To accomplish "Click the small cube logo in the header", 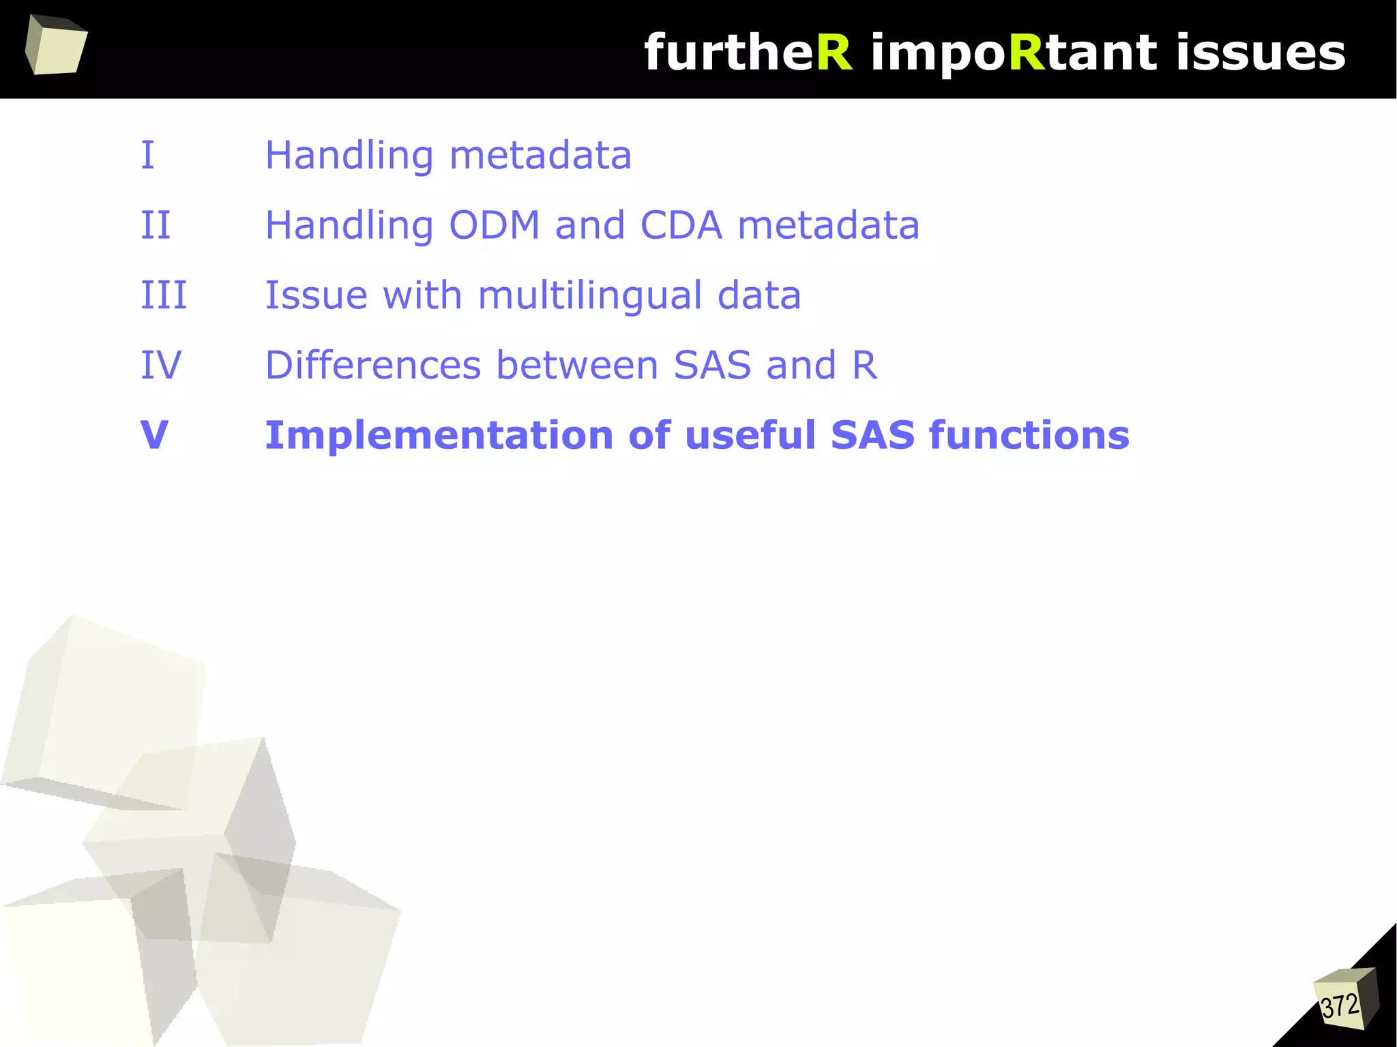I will (x=55, y=46).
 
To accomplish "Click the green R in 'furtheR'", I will (x=834, y=53).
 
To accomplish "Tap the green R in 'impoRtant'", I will (x=1027, y=53).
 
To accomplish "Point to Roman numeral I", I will (x=147, y=155).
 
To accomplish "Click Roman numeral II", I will (x=156, y=225).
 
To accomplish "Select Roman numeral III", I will (x=164, y=295).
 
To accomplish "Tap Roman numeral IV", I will (x=161, y=365).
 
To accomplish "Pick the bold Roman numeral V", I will (x=154, y=434).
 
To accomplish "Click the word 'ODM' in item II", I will (x=495, y=225).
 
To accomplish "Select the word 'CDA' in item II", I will (x=681, y=225).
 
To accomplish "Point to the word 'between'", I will (x=577, y=365).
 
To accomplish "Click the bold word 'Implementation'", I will (x=439, y=435).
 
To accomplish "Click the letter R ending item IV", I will (x=864, y=365).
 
